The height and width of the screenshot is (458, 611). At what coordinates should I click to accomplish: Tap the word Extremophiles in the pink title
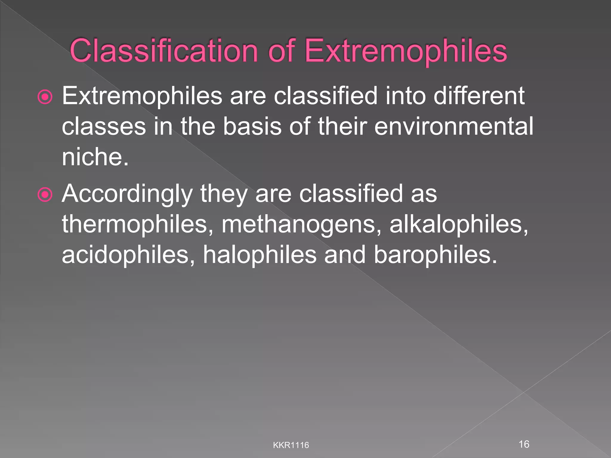[406, 51]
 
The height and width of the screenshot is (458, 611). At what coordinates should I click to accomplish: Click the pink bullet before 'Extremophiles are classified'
[45, 97]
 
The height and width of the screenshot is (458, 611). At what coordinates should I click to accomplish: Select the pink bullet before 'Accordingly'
[45, 195]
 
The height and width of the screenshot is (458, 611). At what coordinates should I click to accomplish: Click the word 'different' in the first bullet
[479, 96]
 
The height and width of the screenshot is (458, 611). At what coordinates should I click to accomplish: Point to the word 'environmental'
[453, 126]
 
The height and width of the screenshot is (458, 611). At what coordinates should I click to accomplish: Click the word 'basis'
[252, 126]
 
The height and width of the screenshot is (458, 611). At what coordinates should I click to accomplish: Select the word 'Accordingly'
[127, 194]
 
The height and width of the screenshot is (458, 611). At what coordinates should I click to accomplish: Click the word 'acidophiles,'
[128, 255]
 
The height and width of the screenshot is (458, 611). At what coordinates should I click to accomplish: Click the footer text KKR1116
[291, 445]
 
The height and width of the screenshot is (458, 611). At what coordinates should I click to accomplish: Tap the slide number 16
[524, 444]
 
